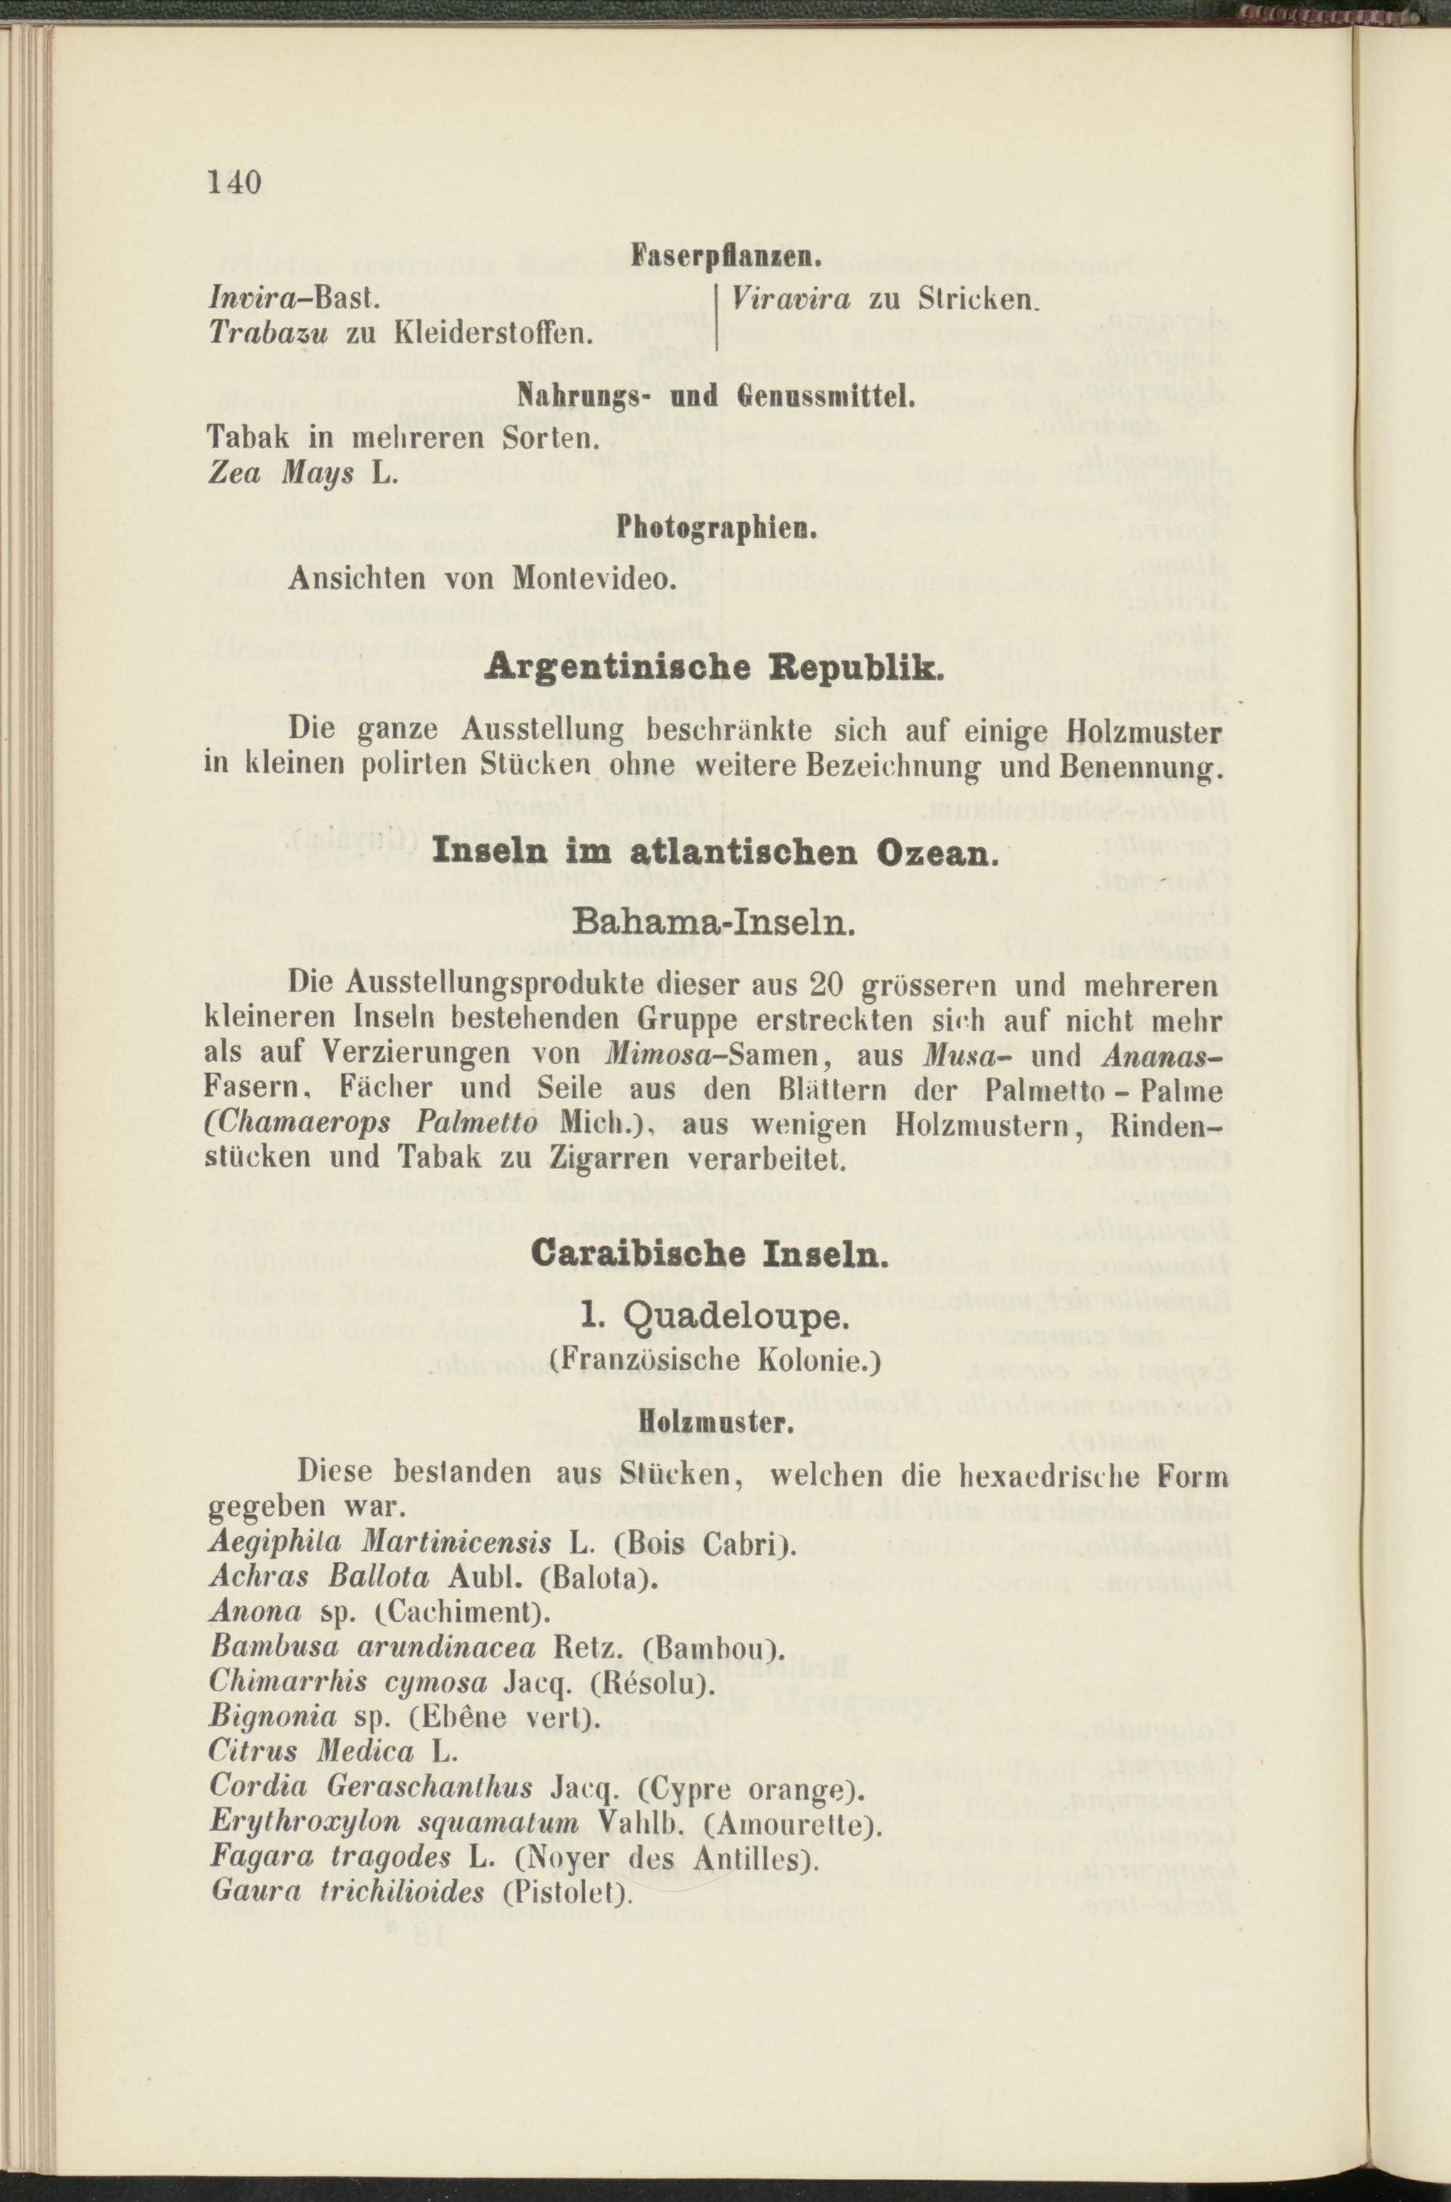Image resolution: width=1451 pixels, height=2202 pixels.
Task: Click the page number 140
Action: pos(236,181)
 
